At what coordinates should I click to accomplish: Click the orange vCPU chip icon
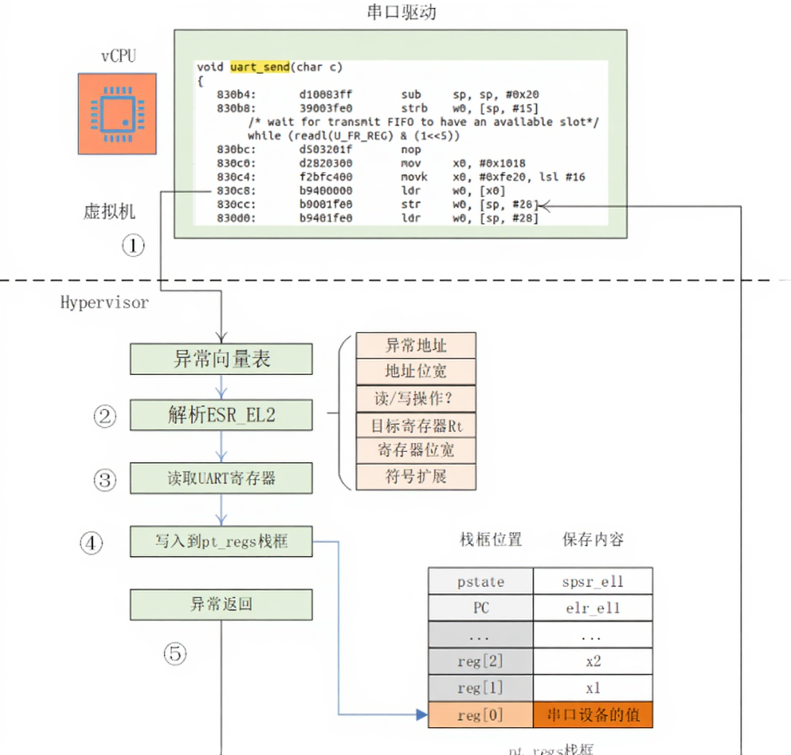point(116,113)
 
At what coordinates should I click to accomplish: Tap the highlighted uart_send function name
point(259,67)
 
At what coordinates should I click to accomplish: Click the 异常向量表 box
point(221,358)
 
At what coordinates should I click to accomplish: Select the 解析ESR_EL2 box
point(221,416)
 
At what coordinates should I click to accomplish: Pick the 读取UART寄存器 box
point(221,479)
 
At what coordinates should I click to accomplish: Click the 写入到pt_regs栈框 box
point(221,542)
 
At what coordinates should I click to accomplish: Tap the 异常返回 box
point(221,605)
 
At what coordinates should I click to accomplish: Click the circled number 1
point(133,245)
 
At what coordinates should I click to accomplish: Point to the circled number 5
point(176,653)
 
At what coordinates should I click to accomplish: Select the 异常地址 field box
point(415,346)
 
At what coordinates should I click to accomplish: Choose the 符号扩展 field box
point(415,476)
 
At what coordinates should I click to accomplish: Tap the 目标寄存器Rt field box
point(415,424)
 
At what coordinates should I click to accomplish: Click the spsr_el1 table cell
point(593,581)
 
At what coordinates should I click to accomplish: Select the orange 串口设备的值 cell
point(593,715)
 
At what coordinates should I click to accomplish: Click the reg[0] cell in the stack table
point(481,715)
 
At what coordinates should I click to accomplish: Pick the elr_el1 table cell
point(593,608)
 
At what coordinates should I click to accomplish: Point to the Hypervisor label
point(104,302)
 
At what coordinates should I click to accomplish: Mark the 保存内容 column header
point(593,540)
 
